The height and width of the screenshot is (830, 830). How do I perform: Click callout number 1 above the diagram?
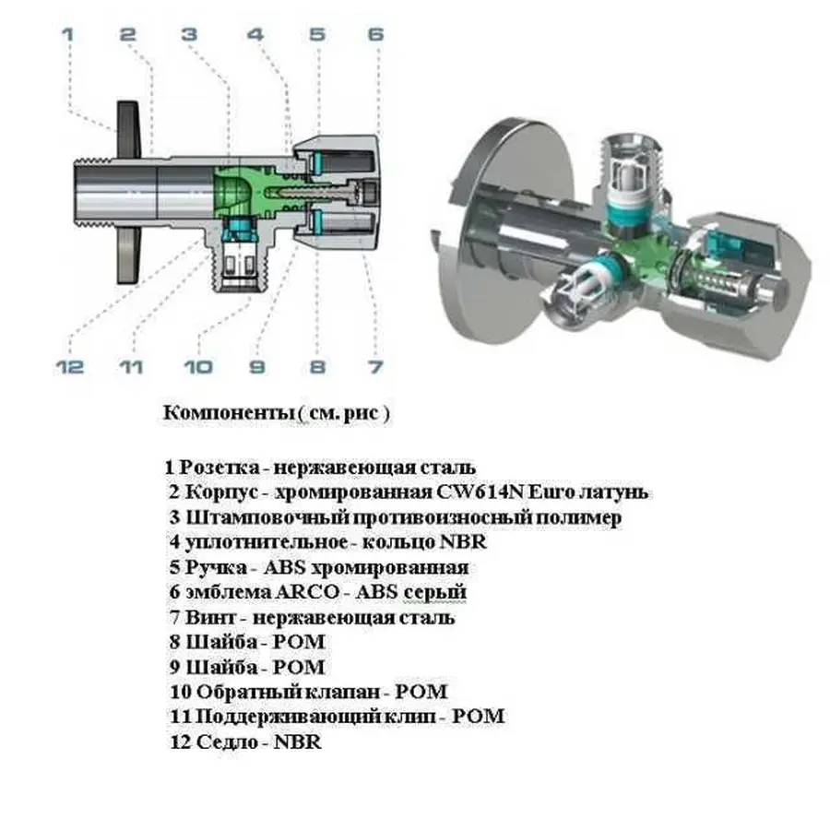point(66,36)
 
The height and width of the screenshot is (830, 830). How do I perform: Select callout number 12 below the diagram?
point(69,367)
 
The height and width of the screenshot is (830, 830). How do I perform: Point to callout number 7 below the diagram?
point(374,367)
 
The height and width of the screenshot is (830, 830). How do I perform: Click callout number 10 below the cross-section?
point(196,367)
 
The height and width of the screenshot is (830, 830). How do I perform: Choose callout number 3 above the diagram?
point(189,36)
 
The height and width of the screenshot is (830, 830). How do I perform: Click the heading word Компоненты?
point(228,413)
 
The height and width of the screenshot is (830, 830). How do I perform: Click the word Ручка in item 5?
point(218,567)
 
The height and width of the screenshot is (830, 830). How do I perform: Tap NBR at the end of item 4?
point(464,542)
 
